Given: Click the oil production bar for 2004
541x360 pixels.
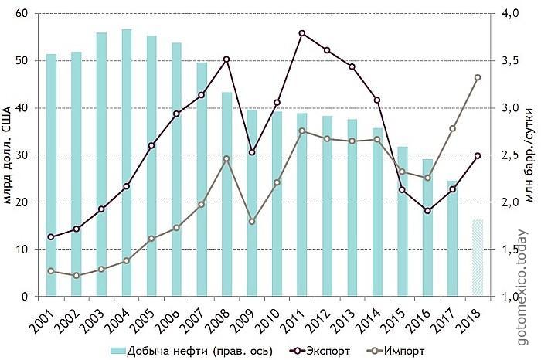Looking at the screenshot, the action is pyautogui.click(x=127, y=162).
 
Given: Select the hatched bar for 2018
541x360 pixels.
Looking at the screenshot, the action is pyautogui.click(x=478, y=257).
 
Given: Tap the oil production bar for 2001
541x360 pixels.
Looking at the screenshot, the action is pyautogui.click(x=51, y=175).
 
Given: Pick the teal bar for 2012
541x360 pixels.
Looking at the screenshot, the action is pyautogui.click(x=327, y=205).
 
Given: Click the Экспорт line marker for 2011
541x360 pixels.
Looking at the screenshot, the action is pyautogui.click(x=302, y=33).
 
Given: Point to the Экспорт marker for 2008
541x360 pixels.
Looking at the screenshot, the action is pyautogui.click(x=226, y=59).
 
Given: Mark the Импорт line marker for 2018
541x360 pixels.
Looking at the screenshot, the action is pyautogui.click(x=478, y=77).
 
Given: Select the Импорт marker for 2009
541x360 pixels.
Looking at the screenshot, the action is pyautogui.click(x=252, y=222).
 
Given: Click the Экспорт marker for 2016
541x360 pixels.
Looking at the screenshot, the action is pyautogui.click(x=427, y=211).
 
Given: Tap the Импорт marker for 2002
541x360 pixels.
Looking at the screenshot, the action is pyautogui.click(x=77, y=276).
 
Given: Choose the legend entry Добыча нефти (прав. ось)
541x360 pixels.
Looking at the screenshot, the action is pyautogui.click(x=192, y=352).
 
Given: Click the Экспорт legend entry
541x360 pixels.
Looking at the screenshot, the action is pyautogui.click(x=319, y=352).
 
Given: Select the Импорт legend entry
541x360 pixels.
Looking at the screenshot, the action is pyautogui.click(x=395, y=352).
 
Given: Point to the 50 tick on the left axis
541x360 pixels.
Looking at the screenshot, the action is pyautogui.click(x=24, y=61).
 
